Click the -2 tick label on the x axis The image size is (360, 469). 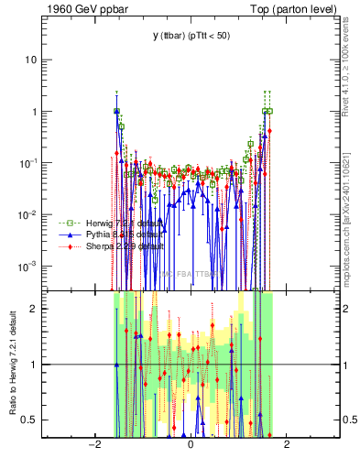point(93,445)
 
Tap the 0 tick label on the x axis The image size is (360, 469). point(191,445)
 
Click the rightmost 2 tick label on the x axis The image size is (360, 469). point(287,445)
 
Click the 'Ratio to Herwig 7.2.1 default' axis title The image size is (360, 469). point(11,364)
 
